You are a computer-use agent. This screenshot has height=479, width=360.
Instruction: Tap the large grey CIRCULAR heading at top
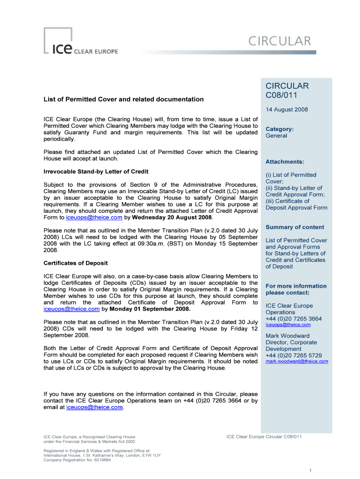coord(279,41)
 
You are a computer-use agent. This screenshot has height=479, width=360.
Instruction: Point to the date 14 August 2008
coord(287,109)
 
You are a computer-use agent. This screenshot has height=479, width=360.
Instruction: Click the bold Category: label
coord(279,129)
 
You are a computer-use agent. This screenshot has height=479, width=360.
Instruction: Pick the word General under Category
coord(276,136)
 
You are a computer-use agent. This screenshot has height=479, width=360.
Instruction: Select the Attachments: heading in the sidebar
coord(285,162)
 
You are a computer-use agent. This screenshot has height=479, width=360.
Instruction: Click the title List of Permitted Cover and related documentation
coord(123,99)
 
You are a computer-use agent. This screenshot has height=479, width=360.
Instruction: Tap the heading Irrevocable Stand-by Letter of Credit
coord(96,171)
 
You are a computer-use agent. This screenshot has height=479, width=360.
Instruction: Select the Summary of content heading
coord(295,227)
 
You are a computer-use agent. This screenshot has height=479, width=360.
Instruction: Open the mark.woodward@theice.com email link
coord(296,361)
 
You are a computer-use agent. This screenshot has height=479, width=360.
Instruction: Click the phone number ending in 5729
coord(294,355)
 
